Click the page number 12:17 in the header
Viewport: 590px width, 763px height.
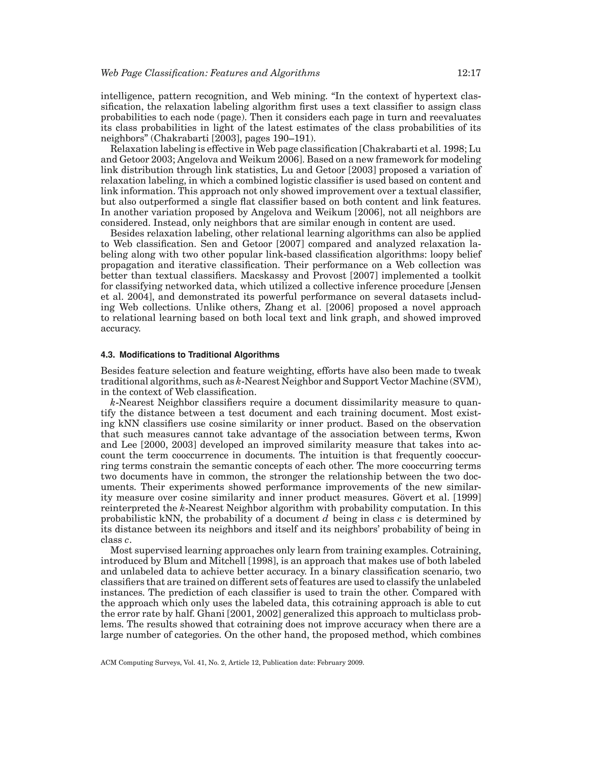[x=469, y=73]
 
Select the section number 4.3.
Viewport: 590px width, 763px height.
[x=108, y=355]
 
